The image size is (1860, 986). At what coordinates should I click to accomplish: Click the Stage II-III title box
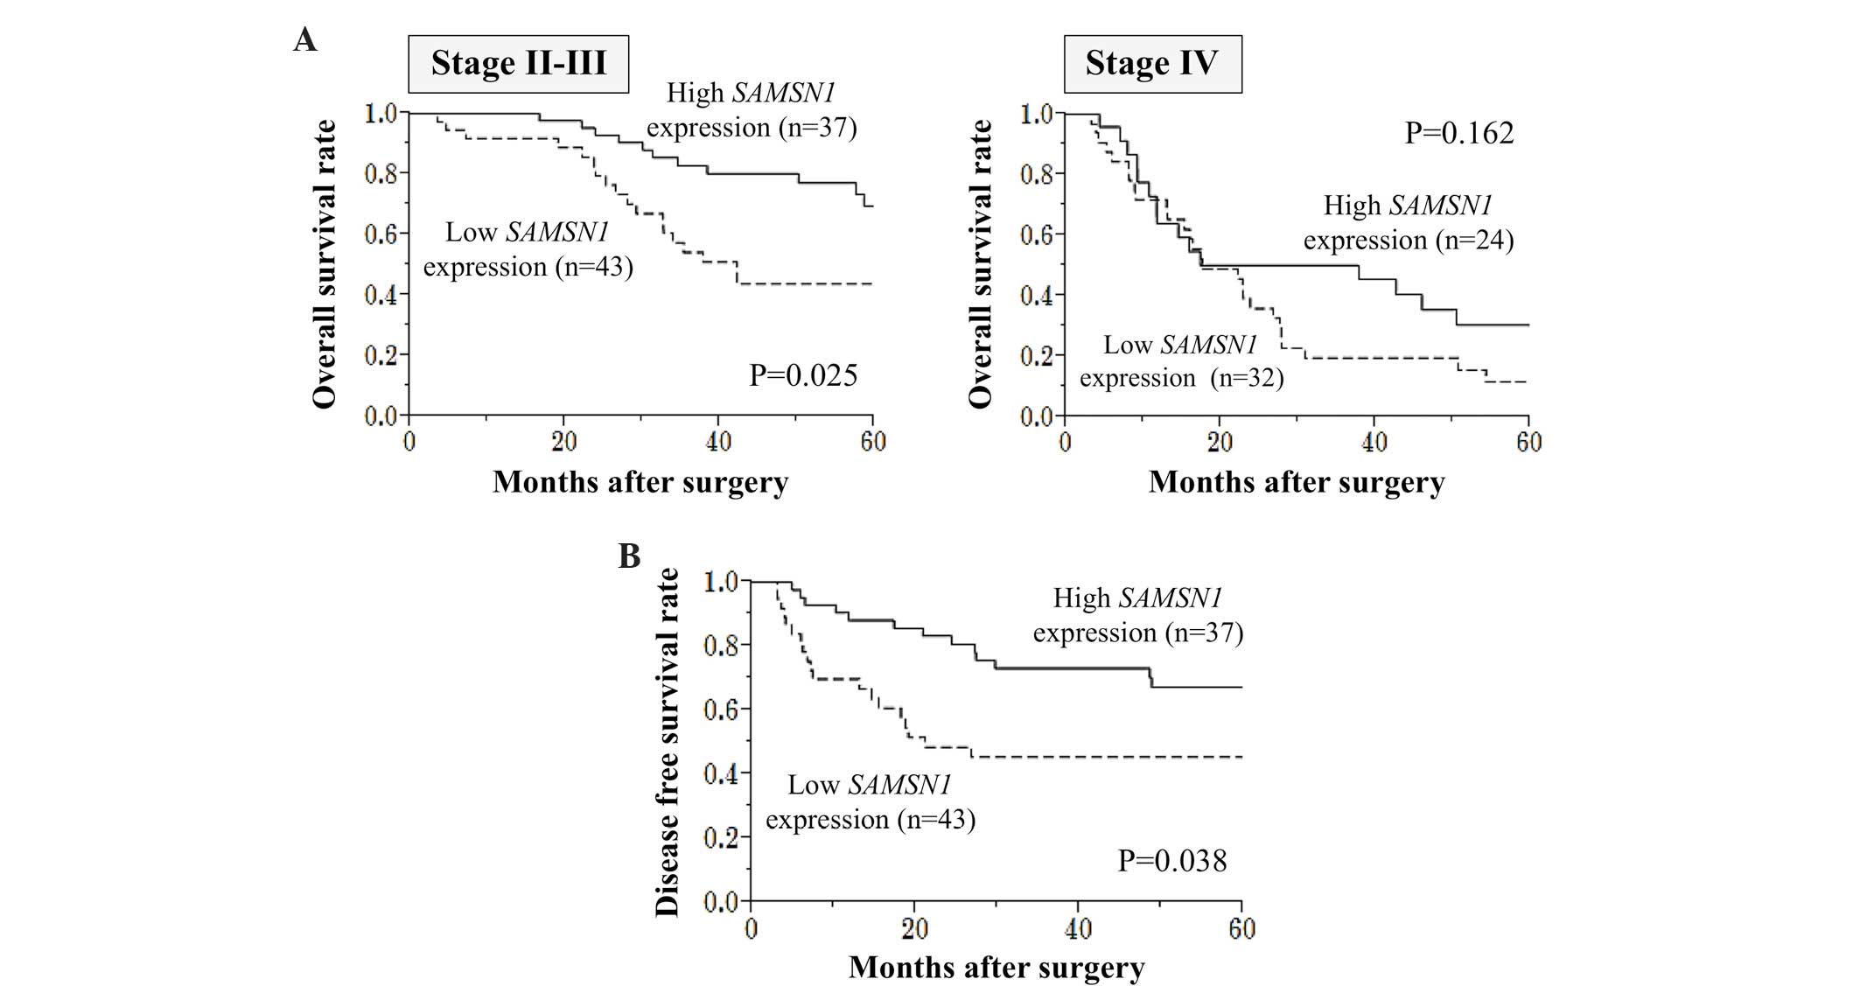[x=518, y=64]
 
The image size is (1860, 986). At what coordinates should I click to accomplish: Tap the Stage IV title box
[x=1151, y=64]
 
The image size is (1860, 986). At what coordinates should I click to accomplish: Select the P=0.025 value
[x=803, y=375]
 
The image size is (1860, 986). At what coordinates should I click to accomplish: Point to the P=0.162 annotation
[x=1458, y=133]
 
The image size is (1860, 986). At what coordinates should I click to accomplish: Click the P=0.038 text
[x=1171, y=861]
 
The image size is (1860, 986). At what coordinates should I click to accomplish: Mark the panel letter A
[x=304, y=39]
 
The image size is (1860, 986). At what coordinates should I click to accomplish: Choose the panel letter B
[x=629, y=556]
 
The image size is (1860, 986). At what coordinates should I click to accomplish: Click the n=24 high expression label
[x=1408, y=223]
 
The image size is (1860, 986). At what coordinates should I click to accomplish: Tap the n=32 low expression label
[x=1181, y=361]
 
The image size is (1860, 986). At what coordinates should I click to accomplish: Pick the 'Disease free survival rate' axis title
[x=668, y=741]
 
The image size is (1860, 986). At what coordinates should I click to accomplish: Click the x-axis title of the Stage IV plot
[x=1296, y=482]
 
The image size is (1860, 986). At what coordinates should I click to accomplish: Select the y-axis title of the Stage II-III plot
[x=325, y=263]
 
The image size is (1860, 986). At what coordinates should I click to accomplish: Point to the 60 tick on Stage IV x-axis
[x=1528, y=442]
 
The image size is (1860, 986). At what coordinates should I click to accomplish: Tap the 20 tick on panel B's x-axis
[x=914, y=928]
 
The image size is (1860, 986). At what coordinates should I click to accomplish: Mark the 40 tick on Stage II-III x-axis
[x=718, y=442]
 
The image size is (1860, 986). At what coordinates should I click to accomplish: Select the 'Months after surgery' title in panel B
[x=996, y=968]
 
